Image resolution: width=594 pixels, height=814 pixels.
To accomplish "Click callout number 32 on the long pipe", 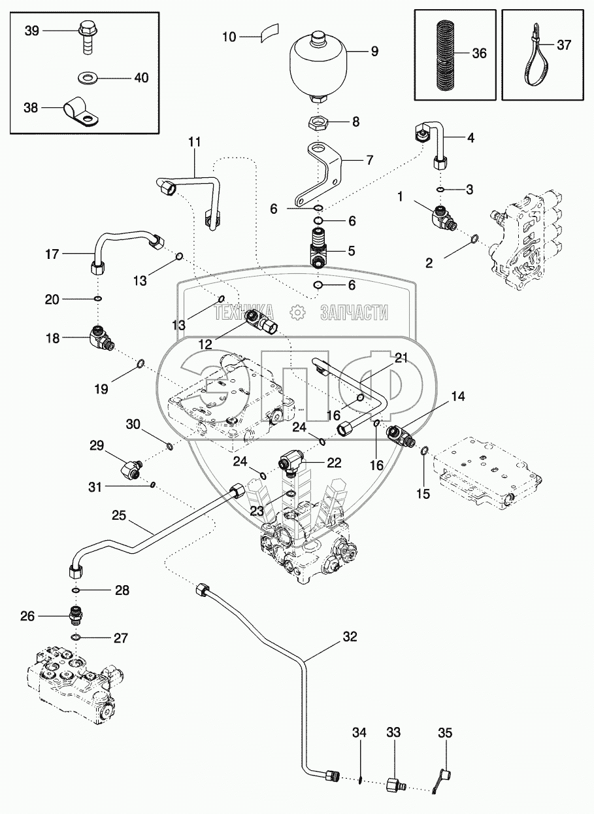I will pos(350,637).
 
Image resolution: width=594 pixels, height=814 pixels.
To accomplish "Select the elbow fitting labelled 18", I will pos(99,337).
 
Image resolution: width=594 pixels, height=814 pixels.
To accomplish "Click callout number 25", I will pos(118,515).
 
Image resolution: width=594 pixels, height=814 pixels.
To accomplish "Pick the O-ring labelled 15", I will pos(425,450).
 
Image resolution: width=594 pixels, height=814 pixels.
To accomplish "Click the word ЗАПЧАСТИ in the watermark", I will pos(354,313).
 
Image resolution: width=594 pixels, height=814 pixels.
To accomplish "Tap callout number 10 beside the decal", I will pos(229,37).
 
